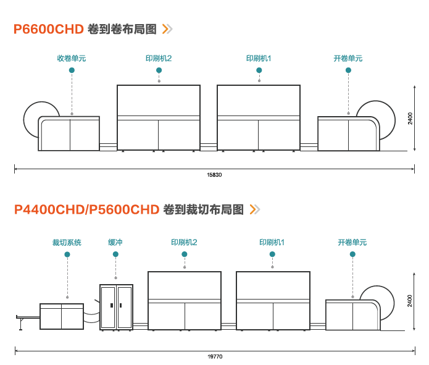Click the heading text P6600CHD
pos(48,29)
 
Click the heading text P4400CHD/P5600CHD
pos(86,209)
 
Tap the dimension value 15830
pos(214,175)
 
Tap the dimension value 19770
pos(214,356)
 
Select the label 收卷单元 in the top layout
pos(72,59)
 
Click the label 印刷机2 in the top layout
pos(159,59)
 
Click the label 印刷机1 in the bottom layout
pos(272,242)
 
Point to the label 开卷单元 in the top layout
pos(348,59)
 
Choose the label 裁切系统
pos(67,242)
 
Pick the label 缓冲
pos(115,242)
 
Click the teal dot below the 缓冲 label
pos(115,254)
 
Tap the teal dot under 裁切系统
pos(67,254)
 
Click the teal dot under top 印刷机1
pos(259,70)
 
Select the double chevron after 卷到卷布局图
pos(167,28)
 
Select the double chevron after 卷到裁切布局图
pos(254,209)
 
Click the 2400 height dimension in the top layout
pos(410,118)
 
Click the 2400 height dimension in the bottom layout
pos(410,301)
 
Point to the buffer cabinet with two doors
pos(116,306)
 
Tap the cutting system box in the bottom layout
pos(61,316)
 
